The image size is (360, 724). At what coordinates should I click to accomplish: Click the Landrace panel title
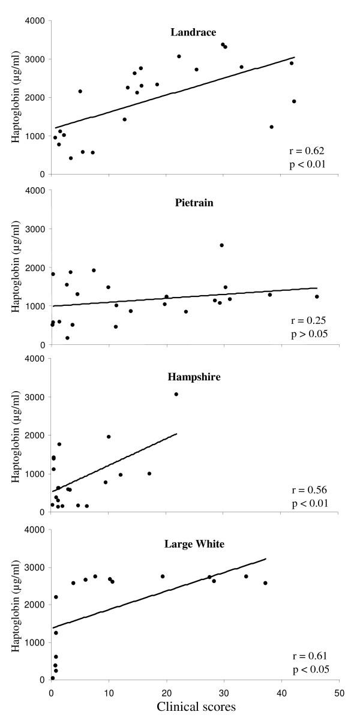[x=195, y=32]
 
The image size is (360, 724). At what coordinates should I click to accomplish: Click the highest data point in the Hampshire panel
[x=176, y=394]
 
